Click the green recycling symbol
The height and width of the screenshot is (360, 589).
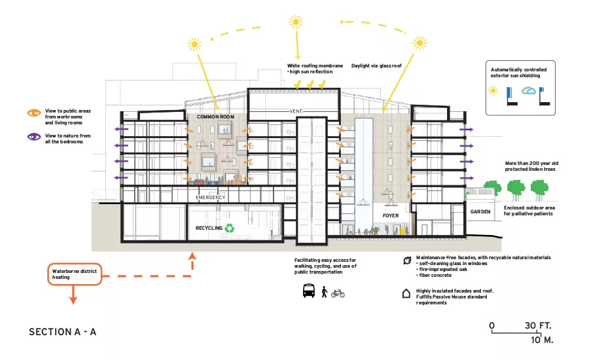tap(230, 228)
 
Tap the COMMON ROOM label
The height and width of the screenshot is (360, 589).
tap(215, 117)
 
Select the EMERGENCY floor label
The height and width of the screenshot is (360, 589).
tap(210, 197)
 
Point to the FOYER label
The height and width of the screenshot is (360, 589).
tap(391, 216)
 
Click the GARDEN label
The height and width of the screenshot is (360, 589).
tap(480, 212)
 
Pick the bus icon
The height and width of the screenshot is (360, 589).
tap(309, 291)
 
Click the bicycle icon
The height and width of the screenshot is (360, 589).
tap(338, 293)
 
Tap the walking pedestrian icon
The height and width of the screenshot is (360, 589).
tap(325, 292)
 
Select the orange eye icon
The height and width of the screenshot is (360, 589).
tap(34, 113)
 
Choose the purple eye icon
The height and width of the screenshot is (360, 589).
tap(34, 137)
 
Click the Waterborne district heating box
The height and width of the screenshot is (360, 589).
tap(75, 274)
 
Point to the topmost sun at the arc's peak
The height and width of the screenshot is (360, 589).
tap(296, 22)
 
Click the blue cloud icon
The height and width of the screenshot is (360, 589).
tap(529, 90)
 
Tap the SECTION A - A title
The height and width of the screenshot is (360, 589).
tap(63, 332)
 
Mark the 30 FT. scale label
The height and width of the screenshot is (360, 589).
tap(538, 325)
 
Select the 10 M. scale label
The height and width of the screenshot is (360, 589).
tap(542, 340)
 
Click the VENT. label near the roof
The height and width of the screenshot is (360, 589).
tap(296, 111)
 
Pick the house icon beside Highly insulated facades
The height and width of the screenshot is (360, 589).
tap(406, 293)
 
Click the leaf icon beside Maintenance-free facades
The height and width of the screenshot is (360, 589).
tap(407, 261)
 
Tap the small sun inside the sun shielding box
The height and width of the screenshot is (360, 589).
tap(493, 90)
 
